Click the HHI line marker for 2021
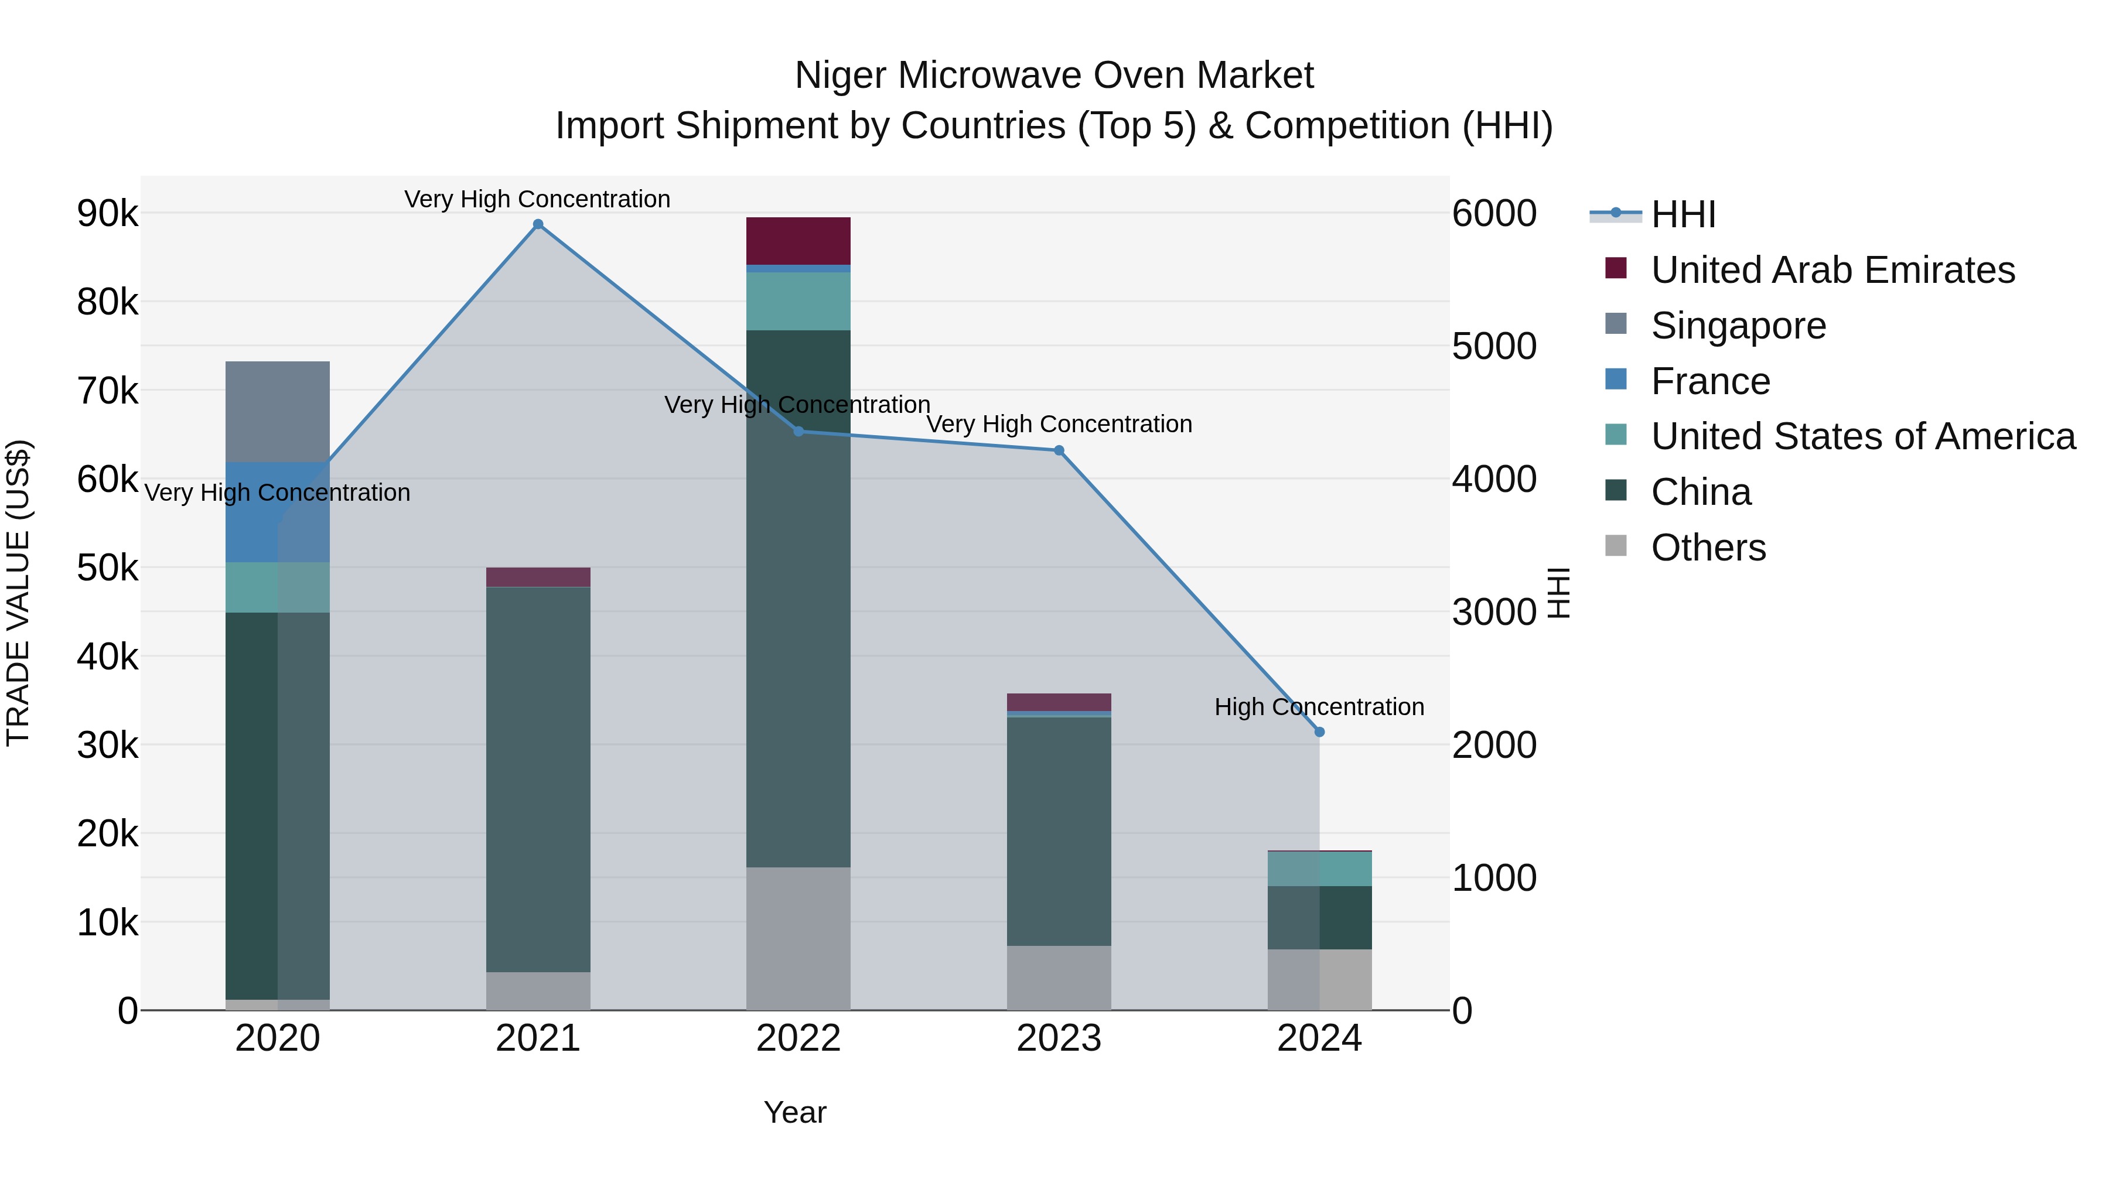click(x=538, y=224)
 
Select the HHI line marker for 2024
click(x=1319, y=732)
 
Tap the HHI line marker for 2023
click(x=1059, y=450)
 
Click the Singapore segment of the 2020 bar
click(x=278, y=412)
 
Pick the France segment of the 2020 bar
click(x=278, y=512)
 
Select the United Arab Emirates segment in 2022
click(x=798, y=241)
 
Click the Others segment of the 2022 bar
click(x=798, y=938)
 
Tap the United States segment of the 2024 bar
click(x=1319, y=869)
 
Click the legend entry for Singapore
click(x=1738, y=326)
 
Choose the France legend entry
click(x=1710, y=381)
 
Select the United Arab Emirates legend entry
click(x=1832, y=270)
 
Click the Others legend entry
click(x=1708, y=548)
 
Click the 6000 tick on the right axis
click(x=1494, y=214)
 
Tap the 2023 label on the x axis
click(x=1059, y=1038)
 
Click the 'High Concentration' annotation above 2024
click(x=1319, y=706)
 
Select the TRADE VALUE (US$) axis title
click(x=19, y=593)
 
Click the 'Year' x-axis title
click(x=795, y=1112)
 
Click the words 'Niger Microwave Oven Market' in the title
click(x=1054, y=76)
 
